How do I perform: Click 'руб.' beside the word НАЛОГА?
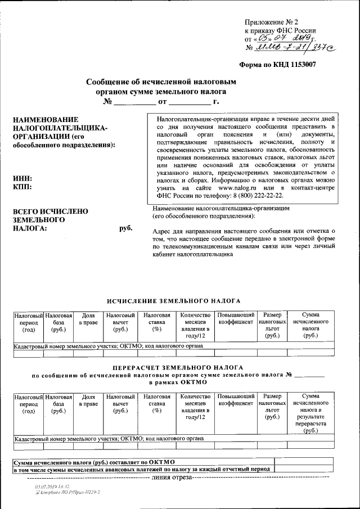pyautogui.click(x=125, y=229)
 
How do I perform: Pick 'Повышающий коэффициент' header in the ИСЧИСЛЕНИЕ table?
pyautogui.click(x=236, y=318)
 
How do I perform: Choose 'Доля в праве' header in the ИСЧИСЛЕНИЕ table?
pyautogui.click(x=88, y=318)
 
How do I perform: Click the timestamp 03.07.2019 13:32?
pyautogui.click(x=51, y=485)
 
